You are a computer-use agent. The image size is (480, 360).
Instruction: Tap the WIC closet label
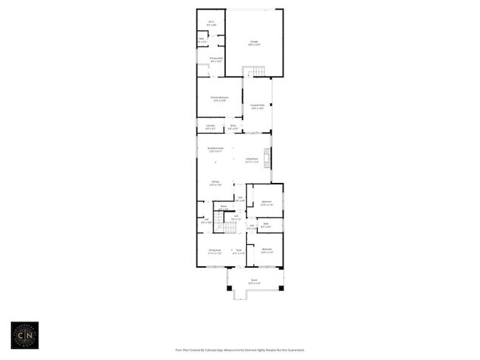tap(211, 23)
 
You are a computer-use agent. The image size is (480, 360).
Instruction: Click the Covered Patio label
tap(258, 107)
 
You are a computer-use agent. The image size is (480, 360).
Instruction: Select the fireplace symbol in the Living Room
tap(268, 156)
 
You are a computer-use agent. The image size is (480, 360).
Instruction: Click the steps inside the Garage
tap(255, 71)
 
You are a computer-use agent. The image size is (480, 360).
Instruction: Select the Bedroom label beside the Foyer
tap(267, 250)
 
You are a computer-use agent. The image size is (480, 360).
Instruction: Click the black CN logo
tap(24, 334)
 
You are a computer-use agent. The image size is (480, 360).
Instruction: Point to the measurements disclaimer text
tap(239, 350)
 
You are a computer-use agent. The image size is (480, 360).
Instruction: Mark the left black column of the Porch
tap(229, 288)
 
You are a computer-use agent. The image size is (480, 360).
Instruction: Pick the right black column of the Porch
tap(281, 288)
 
